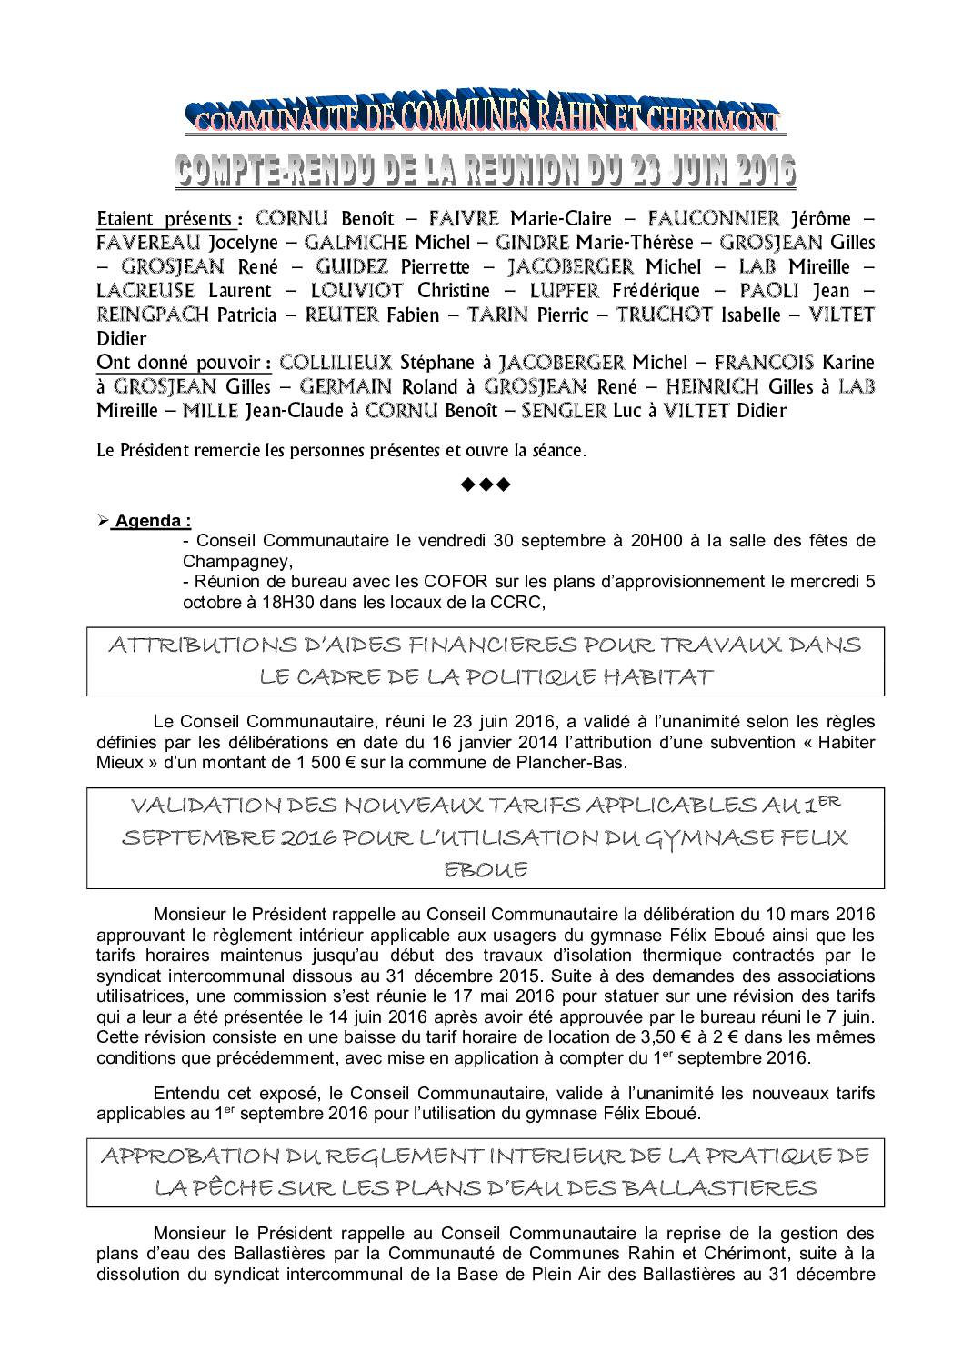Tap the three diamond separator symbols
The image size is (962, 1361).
click(486, 485)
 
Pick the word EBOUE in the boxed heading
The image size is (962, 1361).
click(486, 870)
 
